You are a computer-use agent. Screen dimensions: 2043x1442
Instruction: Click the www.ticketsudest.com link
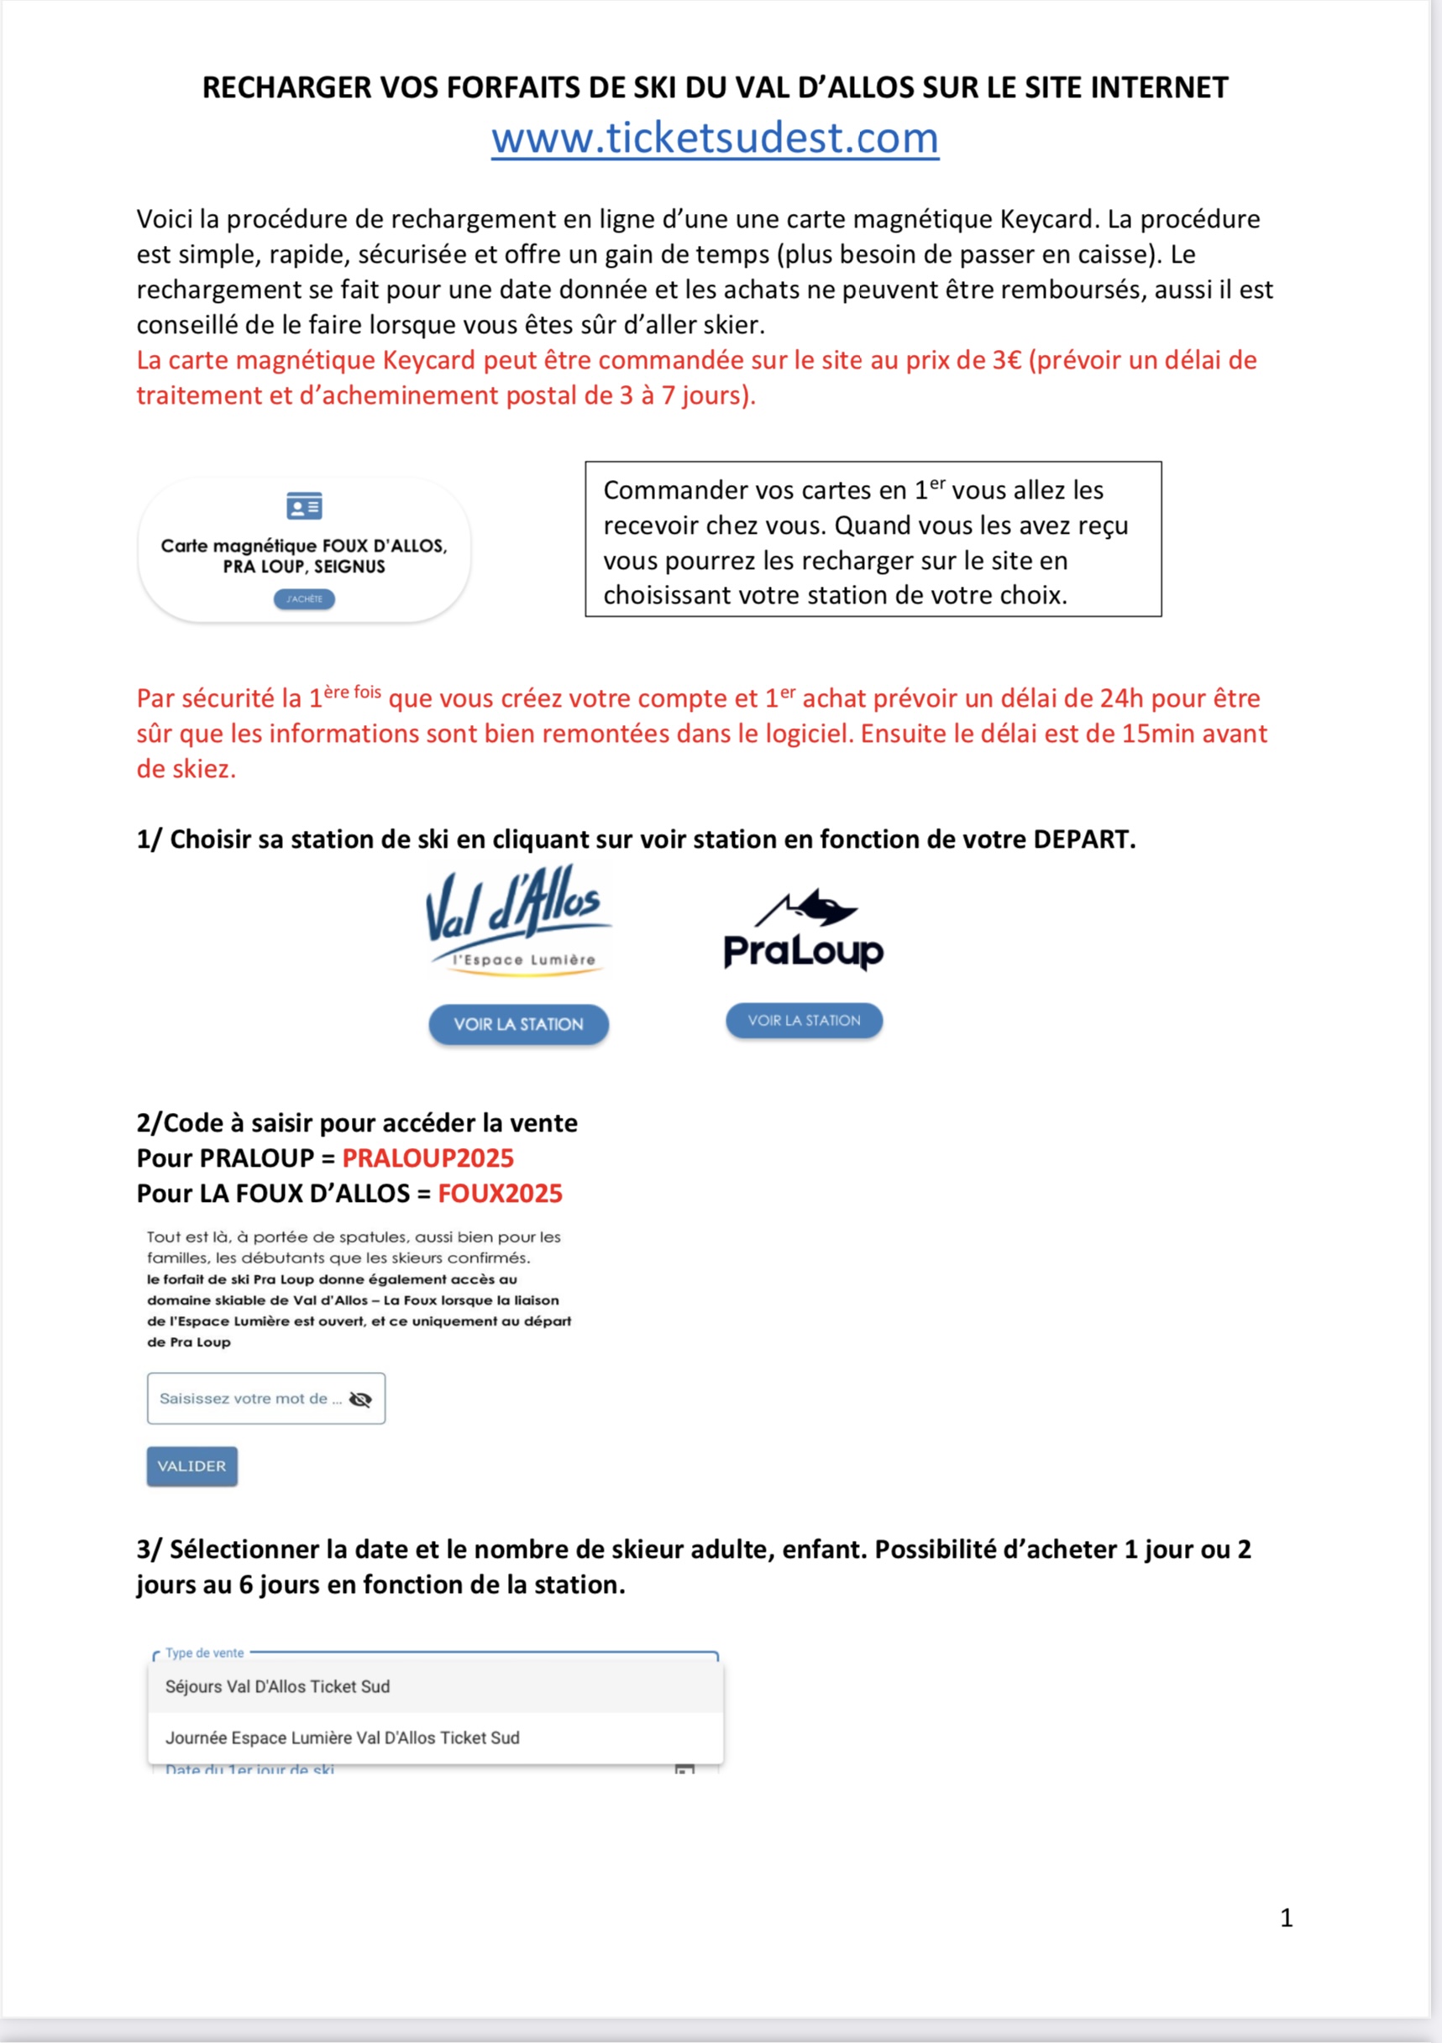(715, 138)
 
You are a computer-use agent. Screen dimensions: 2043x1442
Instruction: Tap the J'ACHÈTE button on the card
(304, 598)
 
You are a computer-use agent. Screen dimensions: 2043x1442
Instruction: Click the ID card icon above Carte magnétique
(304, 506)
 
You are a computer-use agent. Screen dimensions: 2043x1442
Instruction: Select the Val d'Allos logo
(518, 920)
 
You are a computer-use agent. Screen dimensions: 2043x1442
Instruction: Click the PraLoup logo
(804, 930)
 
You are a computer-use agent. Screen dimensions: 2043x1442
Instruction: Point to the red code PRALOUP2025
(428, 1157)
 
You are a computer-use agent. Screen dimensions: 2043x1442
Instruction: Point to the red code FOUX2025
(501, 1194)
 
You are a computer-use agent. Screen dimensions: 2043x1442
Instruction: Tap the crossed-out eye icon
(360, 1400)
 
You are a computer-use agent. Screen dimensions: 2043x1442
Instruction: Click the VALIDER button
(192, 1466)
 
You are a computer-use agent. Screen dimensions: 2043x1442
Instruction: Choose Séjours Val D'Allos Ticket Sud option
(278, 1686)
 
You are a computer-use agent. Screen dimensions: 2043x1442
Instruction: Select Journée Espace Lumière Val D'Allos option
(343, 1737)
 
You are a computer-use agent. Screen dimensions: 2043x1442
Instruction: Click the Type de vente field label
(205, 1653)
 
